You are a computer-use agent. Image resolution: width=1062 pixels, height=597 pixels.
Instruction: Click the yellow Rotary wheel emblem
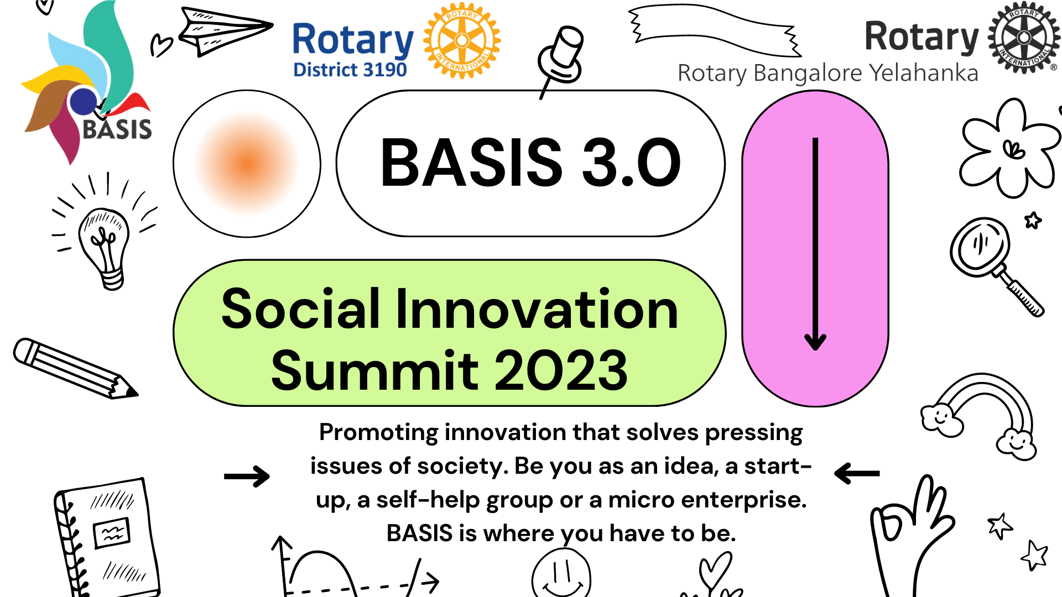pos(462,40)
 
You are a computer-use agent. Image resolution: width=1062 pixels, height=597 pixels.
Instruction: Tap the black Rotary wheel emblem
pos(1024,37)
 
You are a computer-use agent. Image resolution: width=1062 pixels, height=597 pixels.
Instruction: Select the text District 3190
pos(350,70)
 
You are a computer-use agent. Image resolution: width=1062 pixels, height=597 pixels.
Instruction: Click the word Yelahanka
pos(923,73)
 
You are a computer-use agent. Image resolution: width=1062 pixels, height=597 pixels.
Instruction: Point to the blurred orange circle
pos(247,164)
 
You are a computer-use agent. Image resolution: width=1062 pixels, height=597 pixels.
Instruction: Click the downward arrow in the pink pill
pos(815,244)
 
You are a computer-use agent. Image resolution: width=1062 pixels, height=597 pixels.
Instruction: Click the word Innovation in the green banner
pos(537,309)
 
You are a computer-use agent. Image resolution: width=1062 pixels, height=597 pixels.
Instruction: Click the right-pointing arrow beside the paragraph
pos(247,476)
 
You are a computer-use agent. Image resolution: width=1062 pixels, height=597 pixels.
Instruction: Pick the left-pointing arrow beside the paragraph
pos(857,473)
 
